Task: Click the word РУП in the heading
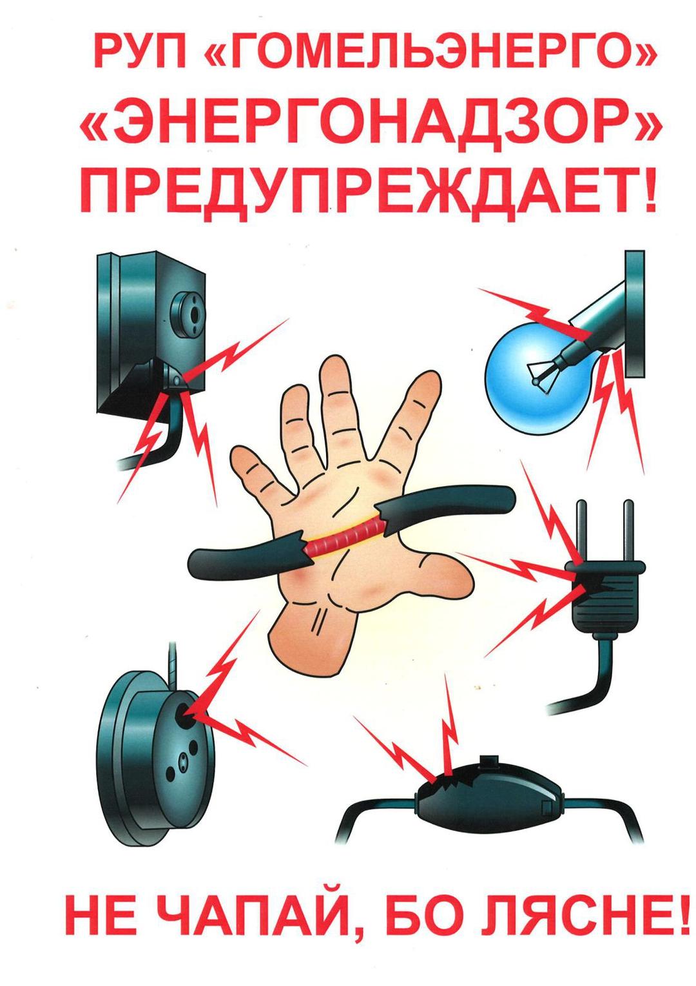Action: coord(140,52)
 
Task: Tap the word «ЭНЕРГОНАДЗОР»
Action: coord(370,125)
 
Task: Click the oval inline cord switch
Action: coord(489,793)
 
